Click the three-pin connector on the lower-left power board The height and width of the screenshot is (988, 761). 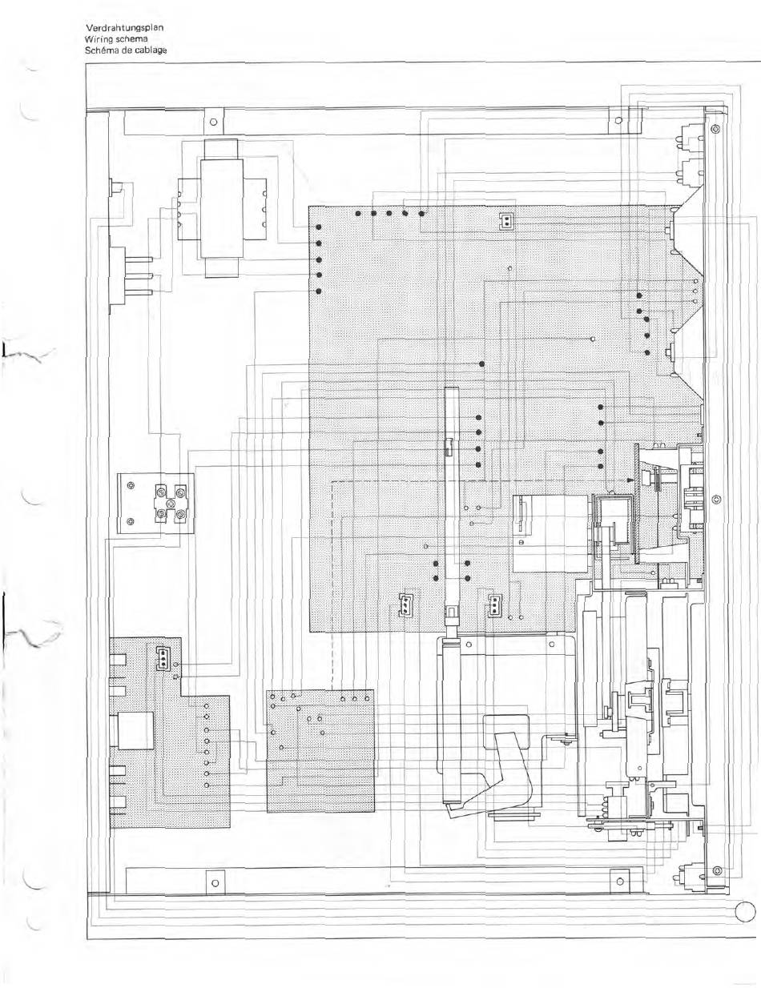(163, 658)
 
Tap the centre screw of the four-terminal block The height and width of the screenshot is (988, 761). (171, 502)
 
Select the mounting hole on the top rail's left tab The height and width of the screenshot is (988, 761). (212, 123)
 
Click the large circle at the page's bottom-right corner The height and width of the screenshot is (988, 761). (745, 912)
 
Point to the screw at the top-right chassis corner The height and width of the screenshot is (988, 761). (715, 129)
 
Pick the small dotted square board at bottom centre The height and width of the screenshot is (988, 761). (320, 749)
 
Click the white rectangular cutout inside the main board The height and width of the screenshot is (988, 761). (550, 533)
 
